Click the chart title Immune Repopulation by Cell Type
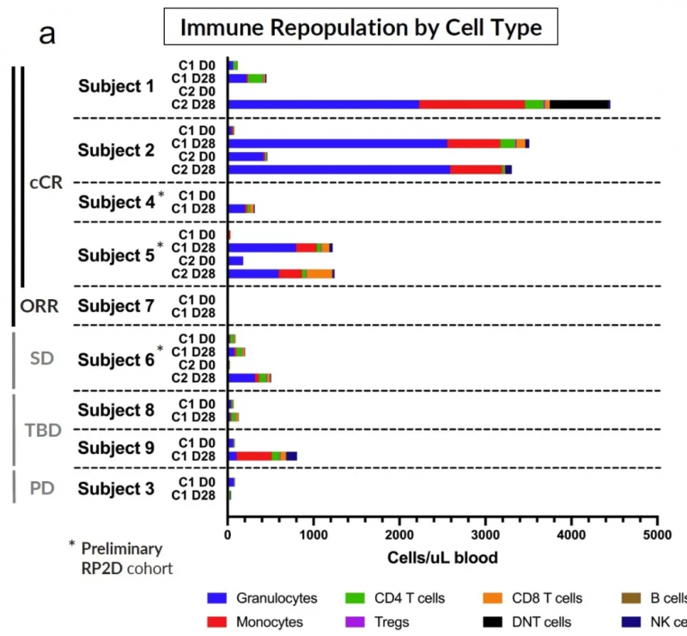pyautogui.click(x=361, y=28)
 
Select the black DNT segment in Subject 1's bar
pyautogui.click(x=579, y=104)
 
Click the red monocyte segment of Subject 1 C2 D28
pyautogui.click(x=471, y=104)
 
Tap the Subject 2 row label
pyautogui.click(x=117, y=150)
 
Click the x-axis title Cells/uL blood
pyautogui.click(x=442, y=558)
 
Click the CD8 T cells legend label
pyautogui.click(x=546, y=598)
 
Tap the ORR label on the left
pyautogui.click(x=39, y=306)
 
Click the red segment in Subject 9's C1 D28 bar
pyautogui.click(x=254, y=456)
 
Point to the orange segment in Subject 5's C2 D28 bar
pyautogui.click(x=319, y=273)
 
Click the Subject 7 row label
pyautogui.click(x=117, y=306)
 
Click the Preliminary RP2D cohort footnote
pyautogui.click(x=120, y=558)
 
